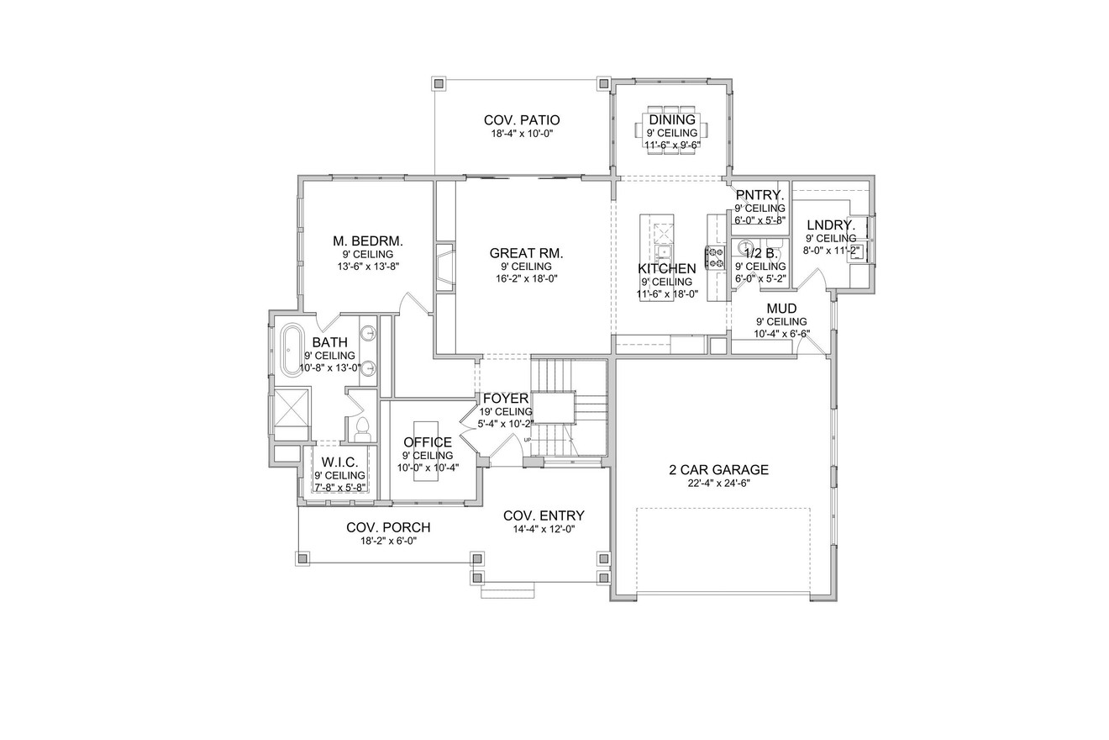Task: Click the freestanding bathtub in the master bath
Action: [x=292, y=349]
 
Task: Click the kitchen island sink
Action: [x=664, y=251]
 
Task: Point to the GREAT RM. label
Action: [x=526, y=252]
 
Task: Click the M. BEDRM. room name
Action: [x=368, y=240]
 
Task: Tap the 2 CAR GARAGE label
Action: [x=718, y=470]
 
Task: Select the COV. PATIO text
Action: [x=522, y=120]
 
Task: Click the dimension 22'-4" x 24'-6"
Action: [x=718, y=484]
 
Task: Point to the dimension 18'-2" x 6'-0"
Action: [x=388, y=541]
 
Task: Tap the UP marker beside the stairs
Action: [x=528, y=440]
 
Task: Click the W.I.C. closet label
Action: [x=339, y=462]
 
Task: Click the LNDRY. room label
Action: [x=831, y=225]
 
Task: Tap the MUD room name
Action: [x=781, y=309]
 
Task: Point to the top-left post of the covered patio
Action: [x=438, y=83]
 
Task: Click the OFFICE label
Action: [x=428, y=442]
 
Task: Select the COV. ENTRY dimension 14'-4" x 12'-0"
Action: [x=544, y=529]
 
